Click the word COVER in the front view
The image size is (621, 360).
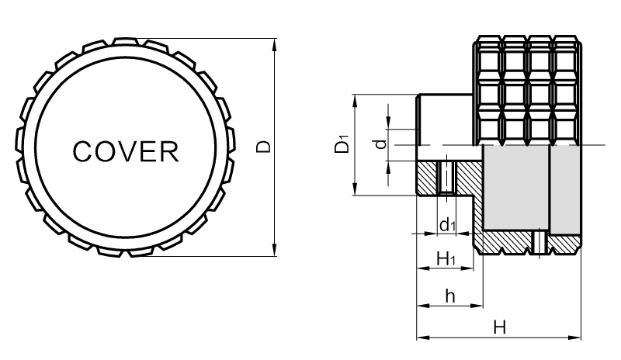point(126,151)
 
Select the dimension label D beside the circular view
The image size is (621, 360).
point(264,146)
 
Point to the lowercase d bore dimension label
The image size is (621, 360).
point(378,144)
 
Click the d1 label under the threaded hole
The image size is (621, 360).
point(446,226)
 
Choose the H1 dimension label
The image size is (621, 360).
point(446,258)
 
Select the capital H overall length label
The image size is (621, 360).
point(501,328)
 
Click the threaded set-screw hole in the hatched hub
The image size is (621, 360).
point(446,178)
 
